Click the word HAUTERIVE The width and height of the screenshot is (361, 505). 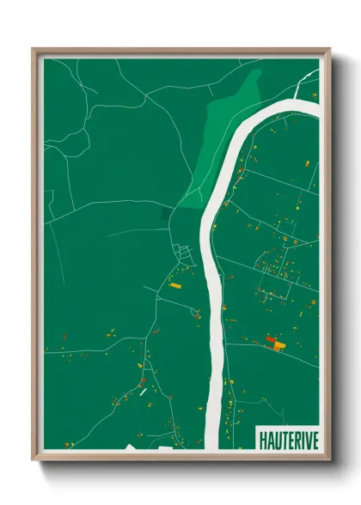point(288,439)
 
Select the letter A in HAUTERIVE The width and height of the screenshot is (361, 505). point(270,439)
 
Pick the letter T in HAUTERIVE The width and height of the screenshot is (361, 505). point(283,439)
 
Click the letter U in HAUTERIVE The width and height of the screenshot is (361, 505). point(276,439)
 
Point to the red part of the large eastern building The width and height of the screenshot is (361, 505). point(272,340)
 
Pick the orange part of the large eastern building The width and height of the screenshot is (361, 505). point(278,345)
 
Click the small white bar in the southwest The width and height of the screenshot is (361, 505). point(142,392)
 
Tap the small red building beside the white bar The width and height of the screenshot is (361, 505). point(144,380)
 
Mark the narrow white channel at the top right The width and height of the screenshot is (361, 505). point(304,82)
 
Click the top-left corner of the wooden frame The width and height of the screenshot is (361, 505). point(34,50)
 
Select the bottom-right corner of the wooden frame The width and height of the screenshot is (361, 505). point(329,459)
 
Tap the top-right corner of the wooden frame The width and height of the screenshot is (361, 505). point(329,50)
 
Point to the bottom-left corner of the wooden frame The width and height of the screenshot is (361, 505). point(34,459)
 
